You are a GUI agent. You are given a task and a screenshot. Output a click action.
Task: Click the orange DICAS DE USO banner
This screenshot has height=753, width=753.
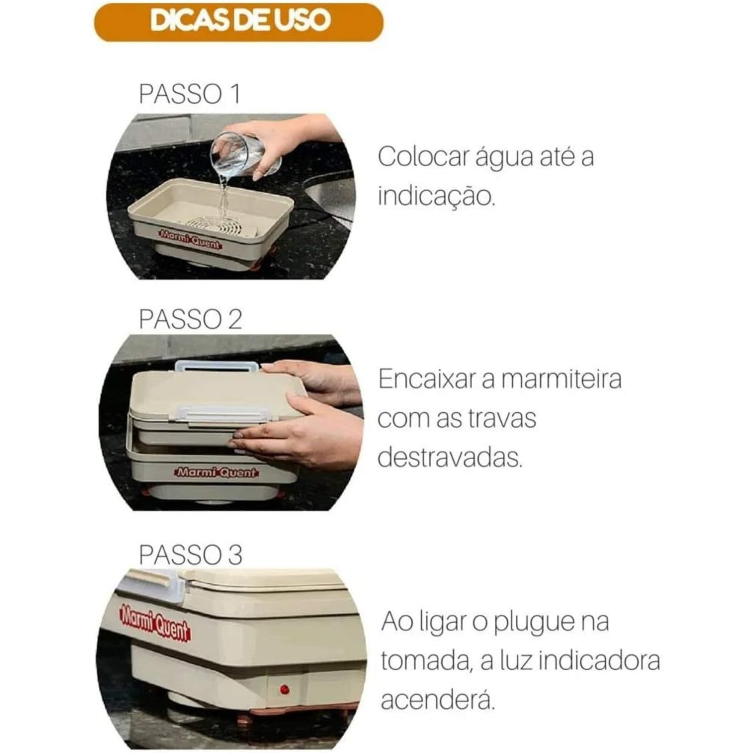tap(239, 22)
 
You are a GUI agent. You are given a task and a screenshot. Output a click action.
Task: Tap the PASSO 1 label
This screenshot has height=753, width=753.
tap(189, 94)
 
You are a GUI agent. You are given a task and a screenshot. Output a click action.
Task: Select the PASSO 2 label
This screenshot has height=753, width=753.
tap(190, 319)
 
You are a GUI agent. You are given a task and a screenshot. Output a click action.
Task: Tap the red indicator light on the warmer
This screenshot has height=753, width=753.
tap(284, 690)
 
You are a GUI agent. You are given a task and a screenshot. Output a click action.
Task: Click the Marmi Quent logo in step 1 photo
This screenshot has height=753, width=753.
tap(190, 239)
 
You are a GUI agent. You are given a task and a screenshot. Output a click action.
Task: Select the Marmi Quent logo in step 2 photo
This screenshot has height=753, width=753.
tap(216, 472)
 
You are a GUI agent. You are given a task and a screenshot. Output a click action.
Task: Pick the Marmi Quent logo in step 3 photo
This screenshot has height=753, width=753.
tap(155, 623)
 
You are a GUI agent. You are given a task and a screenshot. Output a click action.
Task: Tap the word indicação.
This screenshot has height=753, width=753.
tap(436, 196)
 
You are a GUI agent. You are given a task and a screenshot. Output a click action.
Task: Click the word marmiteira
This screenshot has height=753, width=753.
tap(551, 379)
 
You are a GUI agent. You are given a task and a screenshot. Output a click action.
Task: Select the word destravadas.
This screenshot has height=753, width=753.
tap(450, 457)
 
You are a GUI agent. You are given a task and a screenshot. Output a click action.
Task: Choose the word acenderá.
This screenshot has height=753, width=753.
tap(438, 700)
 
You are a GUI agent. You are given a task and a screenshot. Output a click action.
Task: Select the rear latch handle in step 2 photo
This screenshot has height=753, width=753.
tap(216, 367)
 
